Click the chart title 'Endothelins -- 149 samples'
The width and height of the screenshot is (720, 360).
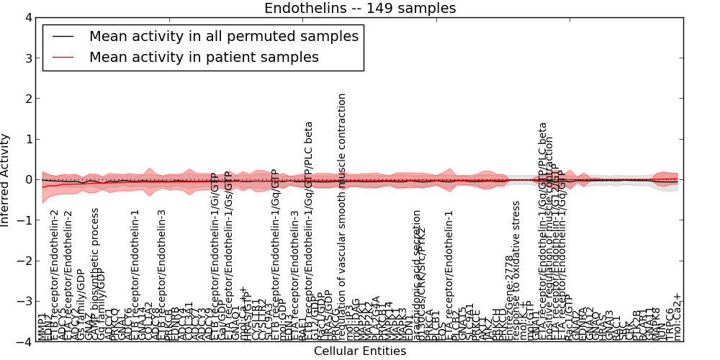click(x=359, y=9)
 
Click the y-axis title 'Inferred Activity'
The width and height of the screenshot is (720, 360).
click(x=6, y=179)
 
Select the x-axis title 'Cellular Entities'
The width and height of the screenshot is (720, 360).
click(x=359, y=351)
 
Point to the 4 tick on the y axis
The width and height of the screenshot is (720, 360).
click(x=28, y=18)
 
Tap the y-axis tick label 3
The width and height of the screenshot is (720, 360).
click(x=28, y=58)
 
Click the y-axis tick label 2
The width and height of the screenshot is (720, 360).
click(x=28, y=99)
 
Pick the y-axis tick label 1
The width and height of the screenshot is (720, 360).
click(x=28, y=139)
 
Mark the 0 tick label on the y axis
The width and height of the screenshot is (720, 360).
click(x=28, y=179)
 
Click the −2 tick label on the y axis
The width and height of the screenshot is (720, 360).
click(x=25, y=261)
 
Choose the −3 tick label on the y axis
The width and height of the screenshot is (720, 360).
click(x=25, y=301)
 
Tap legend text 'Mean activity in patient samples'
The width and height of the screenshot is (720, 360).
click(x=204, y=58)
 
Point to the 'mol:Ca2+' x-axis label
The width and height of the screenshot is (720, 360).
click(x=676, y=318)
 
